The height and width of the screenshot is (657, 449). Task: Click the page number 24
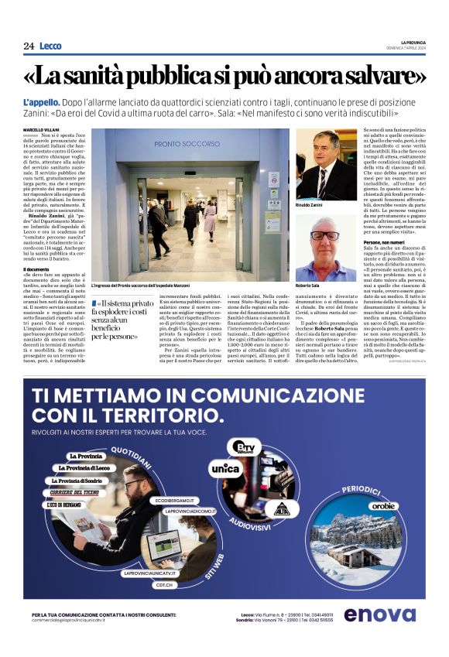tap(28, 46)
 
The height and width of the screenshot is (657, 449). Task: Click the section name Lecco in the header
tap(50, 46)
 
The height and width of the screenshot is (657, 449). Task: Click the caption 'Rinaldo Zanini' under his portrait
tap(309, 206)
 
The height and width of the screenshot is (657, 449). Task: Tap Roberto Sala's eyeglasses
tap(324, 234)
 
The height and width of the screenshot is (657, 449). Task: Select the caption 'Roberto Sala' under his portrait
tap(307, 286)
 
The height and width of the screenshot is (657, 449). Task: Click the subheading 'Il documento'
tap(36, 269)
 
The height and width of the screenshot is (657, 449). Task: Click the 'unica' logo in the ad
tap(225, 469)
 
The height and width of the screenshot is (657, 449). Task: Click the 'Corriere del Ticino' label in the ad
tap(75, 493)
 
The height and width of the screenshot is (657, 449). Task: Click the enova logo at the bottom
tap(379, 614)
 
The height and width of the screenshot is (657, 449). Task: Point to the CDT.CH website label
tap(163, 584)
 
